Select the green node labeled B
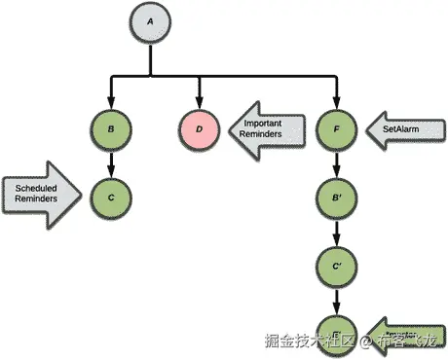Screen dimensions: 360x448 pos(111,128)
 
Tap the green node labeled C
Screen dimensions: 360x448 pos(111,197)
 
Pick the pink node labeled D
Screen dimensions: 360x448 pos(201,128)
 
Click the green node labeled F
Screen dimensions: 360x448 pos(336,128)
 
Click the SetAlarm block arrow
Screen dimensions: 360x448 pos(399,128)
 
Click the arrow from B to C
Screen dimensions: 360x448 pos(111,162)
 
